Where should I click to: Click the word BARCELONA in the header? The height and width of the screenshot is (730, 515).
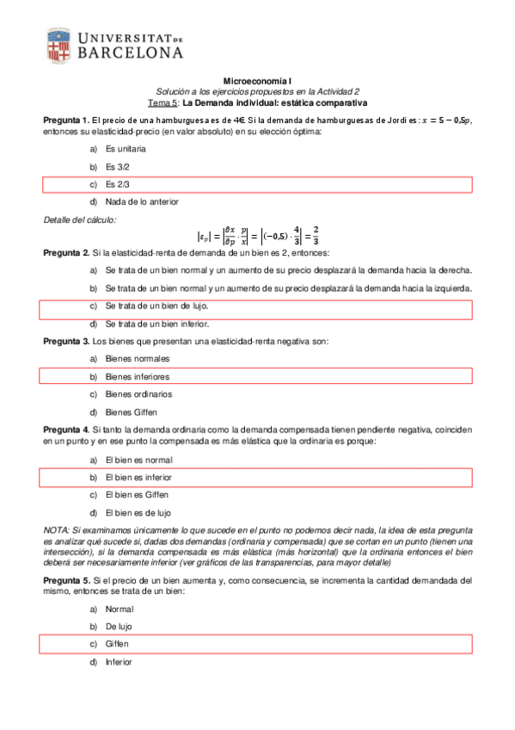coord(131,53)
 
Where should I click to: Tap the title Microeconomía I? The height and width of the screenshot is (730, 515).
coord(258,80)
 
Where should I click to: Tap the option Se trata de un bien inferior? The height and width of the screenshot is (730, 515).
coord(155,324)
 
